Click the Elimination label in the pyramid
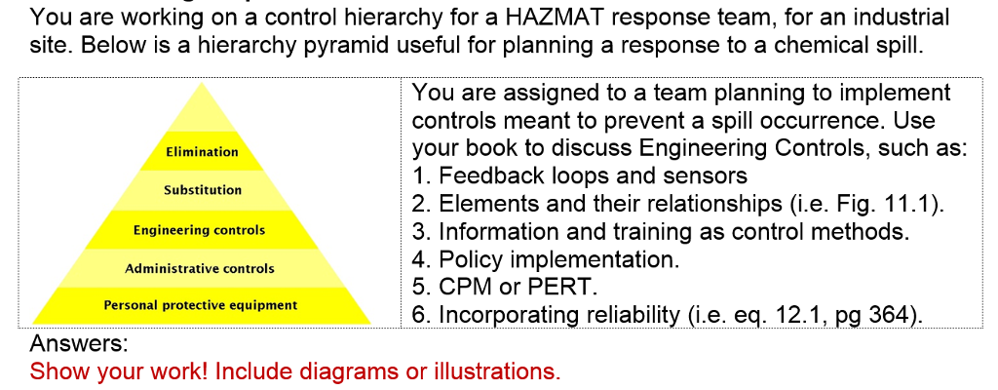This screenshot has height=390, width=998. click(x=202, y=152)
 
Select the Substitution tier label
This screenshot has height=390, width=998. click(x=203, y=190)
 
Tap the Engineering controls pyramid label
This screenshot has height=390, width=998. click(x=199, y=230)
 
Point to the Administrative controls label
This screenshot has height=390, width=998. click(x=200, y=268)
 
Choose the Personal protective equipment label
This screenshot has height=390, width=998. click(x=201, y=305)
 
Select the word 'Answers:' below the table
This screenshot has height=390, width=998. click(x=79, y=343)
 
